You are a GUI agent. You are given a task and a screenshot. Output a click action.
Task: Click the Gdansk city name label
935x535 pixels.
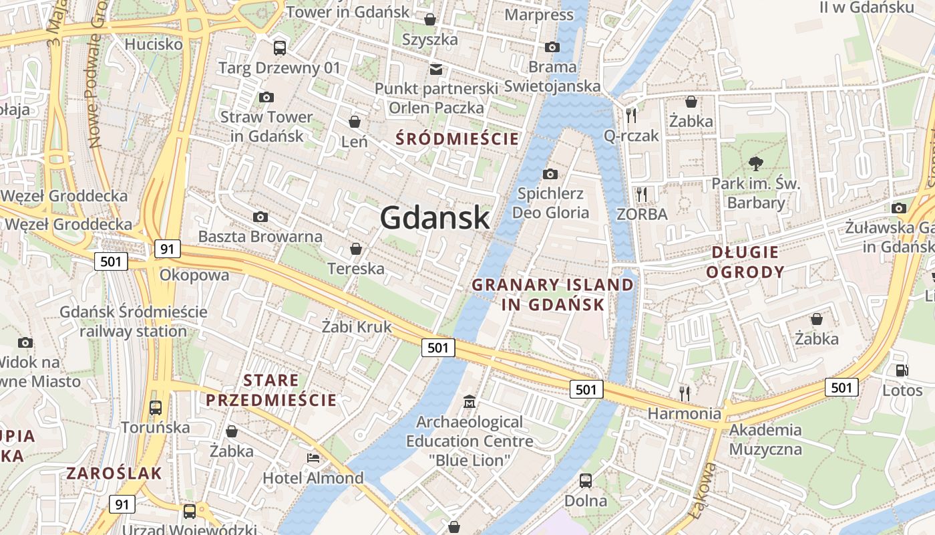(435, 218)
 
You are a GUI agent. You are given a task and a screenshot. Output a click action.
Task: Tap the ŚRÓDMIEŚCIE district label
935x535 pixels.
(457, 139)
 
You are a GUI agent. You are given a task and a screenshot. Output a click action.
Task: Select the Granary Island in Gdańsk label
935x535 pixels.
(553, 294)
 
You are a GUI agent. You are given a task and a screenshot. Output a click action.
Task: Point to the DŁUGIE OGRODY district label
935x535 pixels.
(745, 261)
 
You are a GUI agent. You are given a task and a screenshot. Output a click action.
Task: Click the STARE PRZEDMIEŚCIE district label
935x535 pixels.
(271, 391)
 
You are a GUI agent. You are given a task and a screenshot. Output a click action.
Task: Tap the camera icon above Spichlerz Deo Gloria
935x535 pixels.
(550, 174)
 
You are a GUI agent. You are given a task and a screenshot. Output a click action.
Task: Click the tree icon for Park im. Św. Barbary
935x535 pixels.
(756, 163)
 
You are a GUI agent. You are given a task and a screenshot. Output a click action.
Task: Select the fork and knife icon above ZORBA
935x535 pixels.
(642, 195)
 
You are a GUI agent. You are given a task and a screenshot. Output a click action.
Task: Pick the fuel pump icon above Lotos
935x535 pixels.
(902, 370)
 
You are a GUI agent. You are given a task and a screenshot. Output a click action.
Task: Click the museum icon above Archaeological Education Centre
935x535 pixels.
(470, 402)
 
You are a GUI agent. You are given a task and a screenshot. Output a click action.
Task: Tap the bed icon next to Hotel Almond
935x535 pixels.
(313, 458)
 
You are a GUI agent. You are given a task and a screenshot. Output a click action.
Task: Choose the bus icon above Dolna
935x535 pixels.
(586, 480)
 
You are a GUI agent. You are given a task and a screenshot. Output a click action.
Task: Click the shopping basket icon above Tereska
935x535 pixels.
(356, 249)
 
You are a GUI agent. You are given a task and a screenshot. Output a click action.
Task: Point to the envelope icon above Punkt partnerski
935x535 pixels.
(436, 69)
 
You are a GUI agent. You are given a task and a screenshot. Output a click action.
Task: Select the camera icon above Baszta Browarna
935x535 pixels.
(260, 217)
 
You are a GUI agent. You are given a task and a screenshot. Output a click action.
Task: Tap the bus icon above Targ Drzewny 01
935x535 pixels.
(280, 47)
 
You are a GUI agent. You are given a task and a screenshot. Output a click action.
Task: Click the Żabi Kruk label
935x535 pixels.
(357, 327)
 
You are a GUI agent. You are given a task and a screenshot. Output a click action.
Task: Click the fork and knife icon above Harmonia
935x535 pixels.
(684, 393)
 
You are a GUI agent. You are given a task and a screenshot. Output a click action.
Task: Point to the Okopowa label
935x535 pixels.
(194, 275)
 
